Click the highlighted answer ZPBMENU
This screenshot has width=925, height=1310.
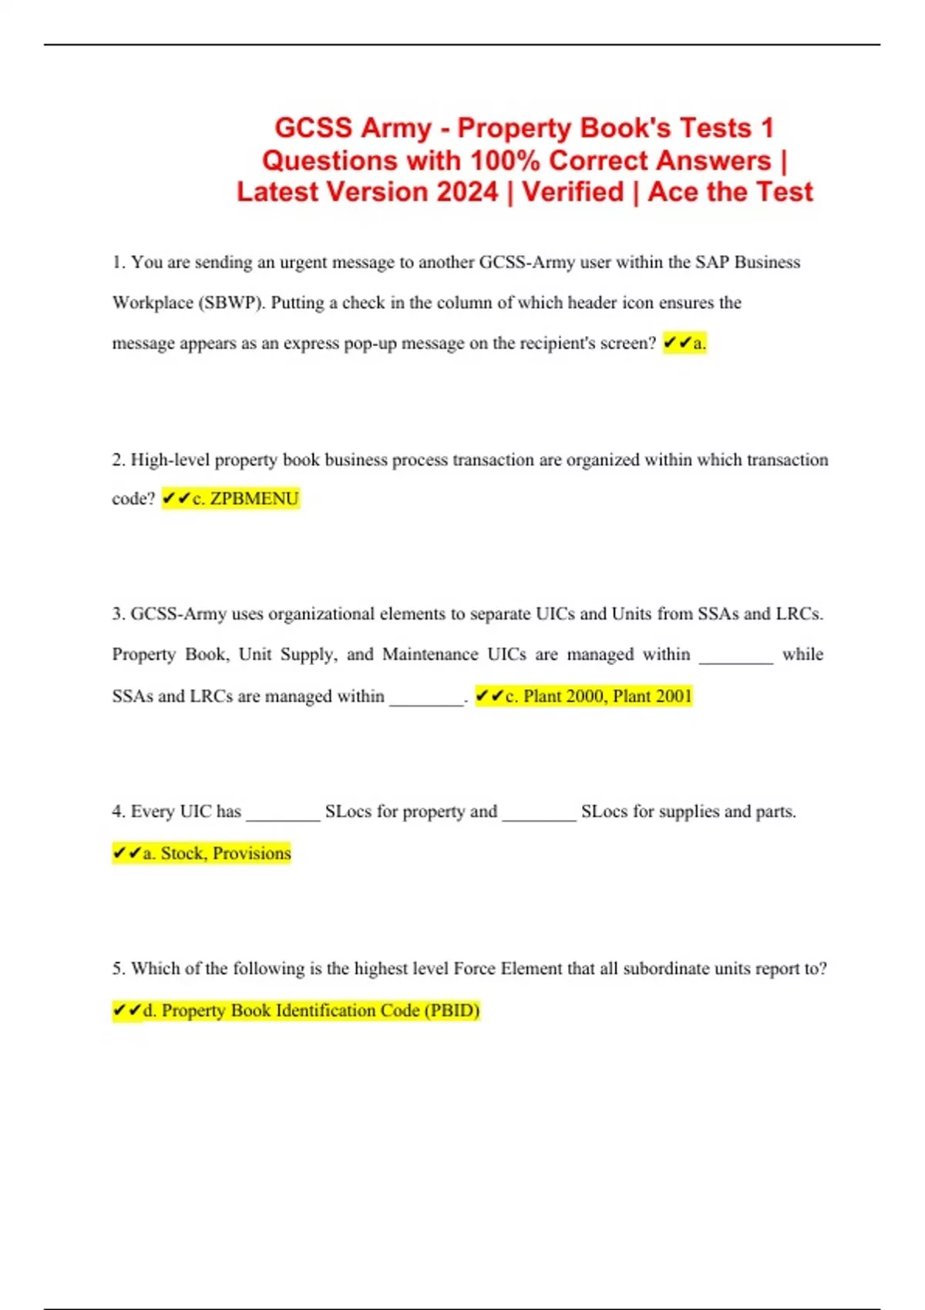click(x=230, y=499)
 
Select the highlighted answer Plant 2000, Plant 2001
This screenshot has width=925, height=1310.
click(x=584, y=696)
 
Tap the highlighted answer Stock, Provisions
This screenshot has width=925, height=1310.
click(x=202, y=853)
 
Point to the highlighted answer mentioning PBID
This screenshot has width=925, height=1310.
click(x=296, y=1010)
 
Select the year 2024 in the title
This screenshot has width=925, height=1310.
click(x=467, y=192)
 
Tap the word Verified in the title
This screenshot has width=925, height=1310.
click(x=573, y=192)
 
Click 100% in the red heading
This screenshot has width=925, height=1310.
click(x=505, y=160)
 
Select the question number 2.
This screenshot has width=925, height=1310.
click(x=119, y=459)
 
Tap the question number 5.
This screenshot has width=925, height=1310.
click(x=119, y=968)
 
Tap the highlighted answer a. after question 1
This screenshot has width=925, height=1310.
click(x=684, y=343)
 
